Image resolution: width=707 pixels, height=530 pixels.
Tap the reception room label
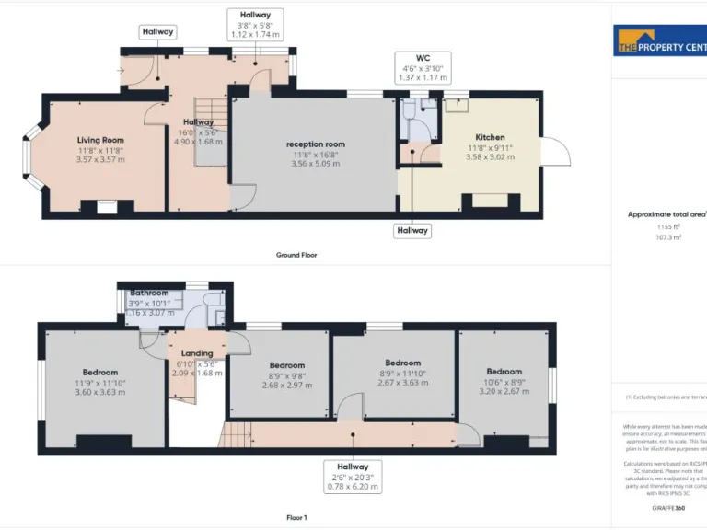coord(315,144)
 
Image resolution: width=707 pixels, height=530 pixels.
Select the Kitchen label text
coord(490,137)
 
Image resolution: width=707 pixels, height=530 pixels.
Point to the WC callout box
coord(423,67)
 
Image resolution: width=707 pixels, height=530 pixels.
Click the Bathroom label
coord(149,293)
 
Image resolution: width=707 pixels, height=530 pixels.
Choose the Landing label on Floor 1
coord(197,353)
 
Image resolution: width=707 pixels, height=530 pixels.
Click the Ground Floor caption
coord(296,255)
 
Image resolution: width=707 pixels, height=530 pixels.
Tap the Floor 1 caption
coord(296,518)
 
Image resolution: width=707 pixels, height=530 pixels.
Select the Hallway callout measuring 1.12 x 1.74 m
coord(255,25)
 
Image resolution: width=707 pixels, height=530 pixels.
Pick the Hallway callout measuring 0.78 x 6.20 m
coord(353,476)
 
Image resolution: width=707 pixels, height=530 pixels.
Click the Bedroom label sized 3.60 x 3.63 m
coord(99,372)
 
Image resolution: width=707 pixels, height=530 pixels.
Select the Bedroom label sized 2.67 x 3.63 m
coord(402,363)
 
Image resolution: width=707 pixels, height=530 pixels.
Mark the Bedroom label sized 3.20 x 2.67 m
coord(504,372)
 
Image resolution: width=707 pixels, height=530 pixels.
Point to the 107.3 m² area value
coord(666,236)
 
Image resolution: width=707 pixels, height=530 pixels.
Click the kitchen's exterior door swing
coord(555,151)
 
